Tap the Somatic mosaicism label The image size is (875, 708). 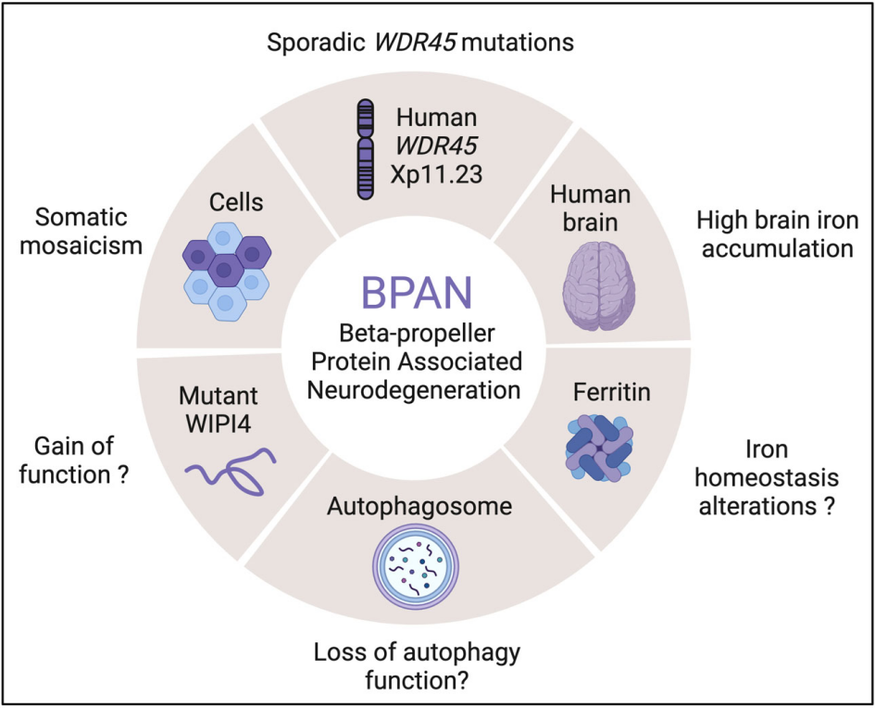tap(88, 233)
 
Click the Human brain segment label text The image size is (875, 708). tap(590, 208)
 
